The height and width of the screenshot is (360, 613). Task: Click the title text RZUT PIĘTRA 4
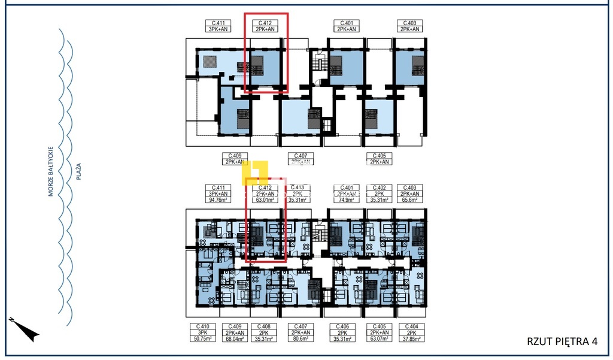click(x=562, y=341)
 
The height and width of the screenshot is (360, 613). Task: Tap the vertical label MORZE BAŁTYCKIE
click(x=52, y=171)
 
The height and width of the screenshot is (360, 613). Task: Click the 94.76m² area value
click(x=217, y=201)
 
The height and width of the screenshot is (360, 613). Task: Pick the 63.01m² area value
click(x=265, y=201)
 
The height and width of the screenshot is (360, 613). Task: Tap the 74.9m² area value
click(x=346, y=201)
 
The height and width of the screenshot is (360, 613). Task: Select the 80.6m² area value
click(x=299, y=339)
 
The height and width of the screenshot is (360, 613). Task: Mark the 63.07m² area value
click(x=378, y=339)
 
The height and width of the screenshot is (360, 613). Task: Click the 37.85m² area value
click(x=411, y=339)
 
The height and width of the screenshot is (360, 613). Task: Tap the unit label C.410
click(x=201, y=326)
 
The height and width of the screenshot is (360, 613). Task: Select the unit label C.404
click(x=411, y=326)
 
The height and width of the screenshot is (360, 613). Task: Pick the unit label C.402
click(x=378, y=187)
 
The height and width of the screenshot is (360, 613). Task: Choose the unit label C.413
click(x=298, y=187)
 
